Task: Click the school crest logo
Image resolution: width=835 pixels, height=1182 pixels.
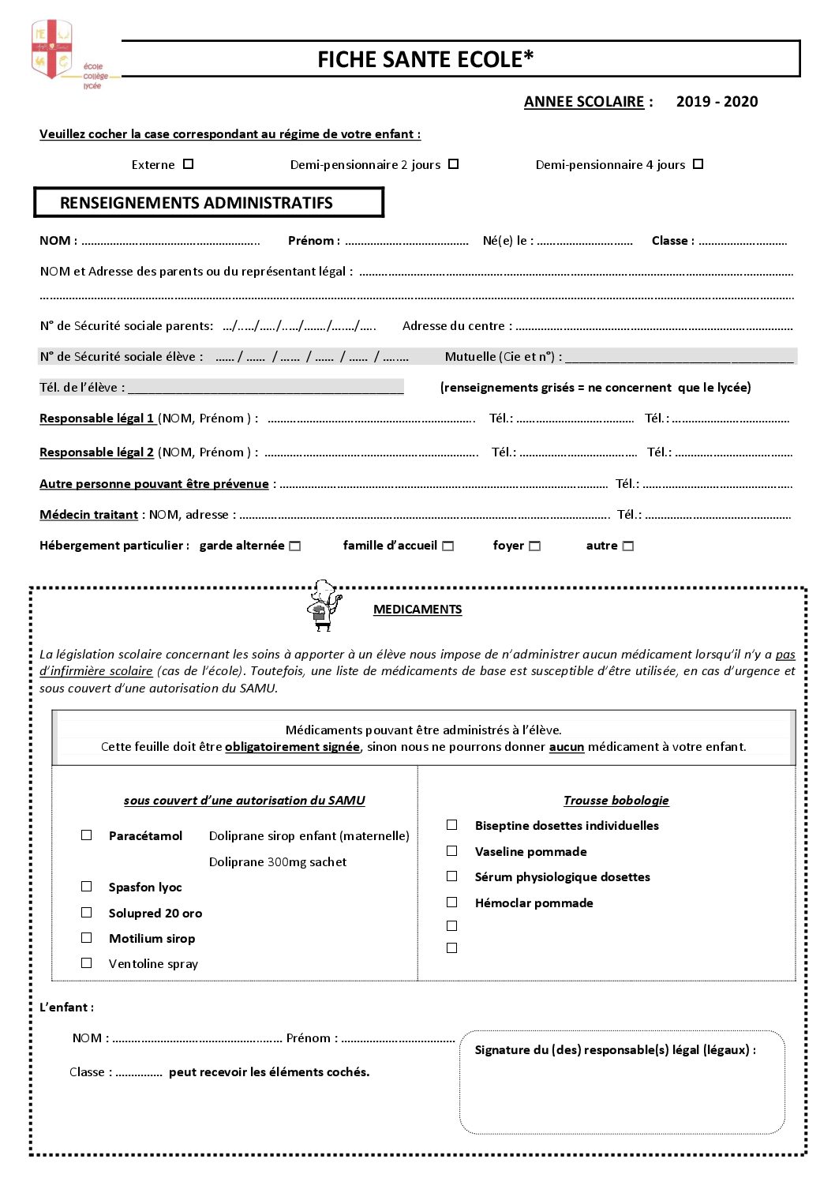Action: [x=52, y=50]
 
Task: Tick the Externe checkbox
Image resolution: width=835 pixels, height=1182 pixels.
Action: [x=188, y=164]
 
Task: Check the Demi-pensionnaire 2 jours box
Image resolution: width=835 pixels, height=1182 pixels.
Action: [x=453, y=164]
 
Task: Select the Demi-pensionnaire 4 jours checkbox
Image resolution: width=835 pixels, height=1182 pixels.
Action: [x=698, y=164]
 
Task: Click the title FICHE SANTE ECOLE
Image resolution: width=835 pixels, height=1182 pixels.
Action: [x=425, y=59]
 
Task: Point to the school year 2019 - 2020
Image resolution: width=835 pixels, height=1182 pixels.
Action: [x=717, y=102]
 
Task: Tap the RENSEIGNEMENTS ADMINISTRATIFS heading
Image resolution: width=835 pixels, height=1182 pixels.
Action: [x=197, y=203]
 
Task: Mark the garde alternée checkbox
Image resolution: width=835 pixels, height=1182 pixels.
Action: [x=295, y=546]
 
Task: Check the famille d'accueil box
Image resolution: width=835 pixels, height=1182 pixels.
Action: [x=448, y=546]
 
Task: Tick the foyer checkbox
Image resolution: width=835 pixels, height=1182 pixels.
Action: [x=535, y=546]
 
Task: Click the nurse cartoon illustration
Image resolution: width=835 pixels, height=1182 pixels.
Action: [x=324, y=606]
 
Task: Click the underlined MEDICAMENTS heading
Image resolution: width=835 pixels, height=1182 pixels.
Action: [x=417, y=610]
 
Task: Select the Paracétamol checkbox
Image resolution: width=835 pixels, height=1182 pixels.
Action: [x=87, y=835]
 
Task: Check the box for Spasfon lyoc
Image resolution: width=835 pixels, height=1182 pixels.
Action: [x=87, y=886]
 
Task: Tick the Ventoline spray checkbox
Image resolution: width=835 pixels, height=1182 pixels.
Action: [x=87, y=962]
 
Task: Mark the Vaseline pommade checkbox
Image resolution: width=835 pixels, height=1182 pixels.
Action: [x=452, y=850]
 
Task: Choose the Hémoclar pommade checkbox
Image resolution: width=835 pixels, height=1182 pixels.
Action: [x=452, y=902]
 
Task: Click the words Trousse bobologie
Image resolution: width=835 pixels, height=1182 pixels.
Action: [x=616, y=801]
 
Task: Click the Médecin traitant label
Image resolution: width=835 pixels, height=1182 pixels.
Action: [x=89, y=515]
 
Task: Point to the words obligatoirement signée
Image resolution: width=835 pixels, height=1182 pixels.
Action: [x=292, y=747]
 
